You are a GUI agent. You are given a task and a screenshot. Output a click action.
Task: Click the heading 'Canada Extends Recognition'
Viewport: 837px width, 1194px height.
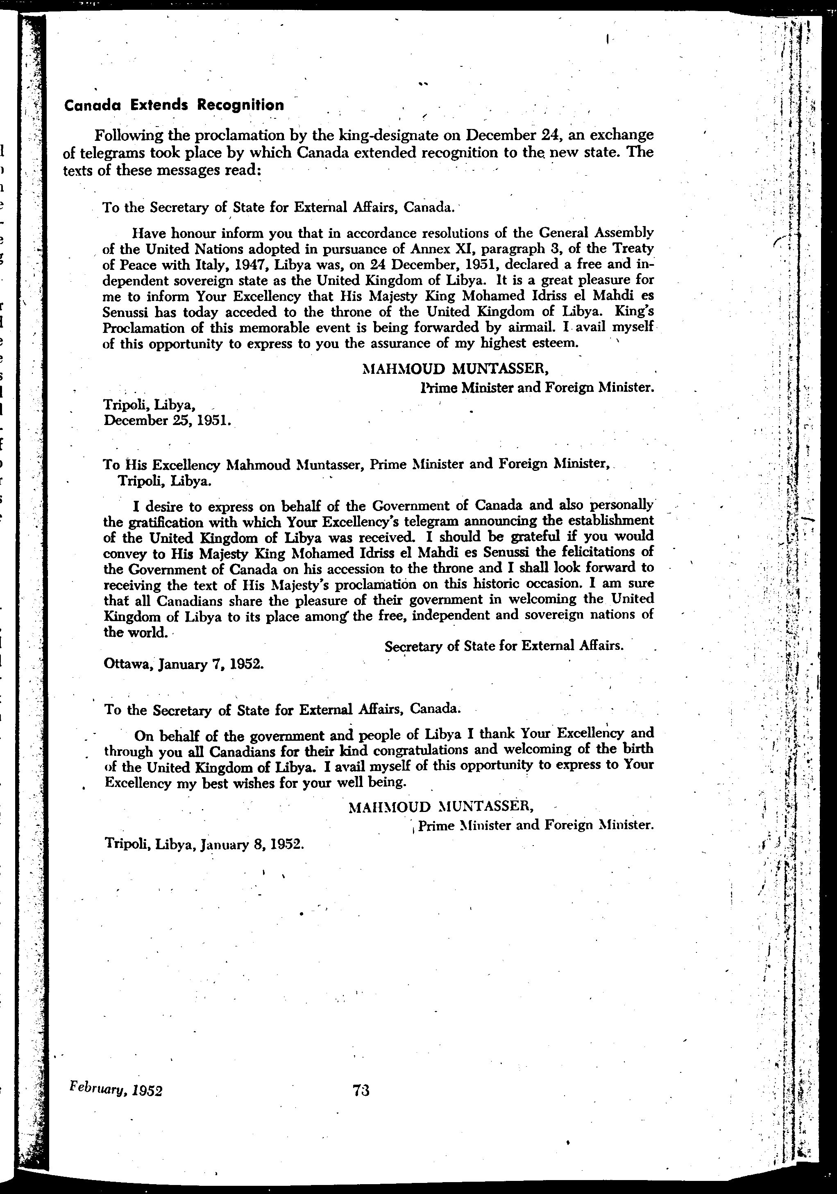point(174,105)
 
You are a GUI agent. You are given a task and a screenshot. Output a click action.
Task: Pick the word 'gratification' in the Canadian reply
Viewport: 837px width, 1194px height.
point(164,521)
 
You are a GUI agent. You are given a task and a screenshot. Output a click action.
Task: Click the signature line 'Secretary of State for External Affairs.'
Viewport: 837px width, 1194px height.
point(504,646)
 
